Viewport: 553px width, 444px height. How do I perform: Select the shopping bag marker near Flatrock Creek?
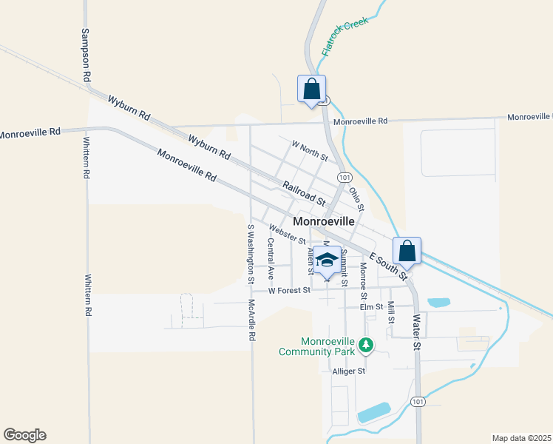click(x=311, y=90)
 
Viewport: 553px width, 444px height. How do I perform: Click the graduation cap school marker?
click(x=328, y=260)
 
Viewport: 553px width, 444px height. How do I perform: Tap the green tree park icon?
click(x=366, y=344)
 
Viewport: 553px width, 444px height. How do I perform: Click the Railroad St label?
click(x=305, y=194)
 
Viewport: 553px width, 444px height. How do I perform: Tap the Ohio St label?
click(x=357, y=198)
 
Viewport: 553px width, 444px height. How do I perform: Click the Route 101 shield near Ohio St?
click(x=345, y=178)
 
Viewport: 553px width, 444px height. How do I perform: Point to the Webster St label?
click(x=288, y=235)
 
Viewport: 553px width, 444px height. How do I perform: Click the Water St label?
click(x=417, y=332)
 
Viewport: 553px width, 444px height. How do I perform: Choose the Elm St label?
click(x=371, y=306)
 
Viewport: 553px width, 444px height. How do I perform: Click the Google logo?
click(x=24, y=435)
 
